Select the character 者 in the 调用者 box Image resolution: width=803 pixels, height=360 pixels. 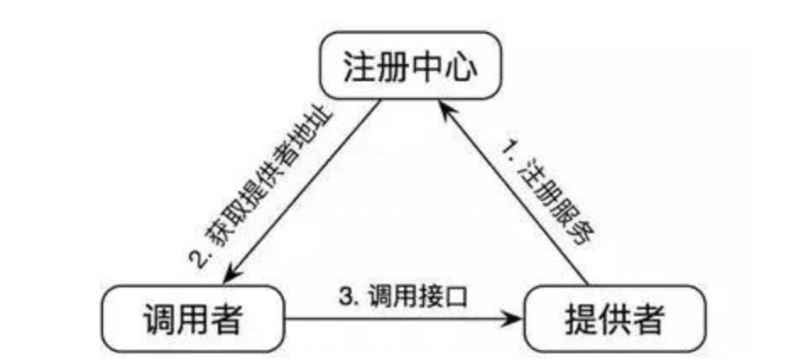[x=225, y=319]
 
